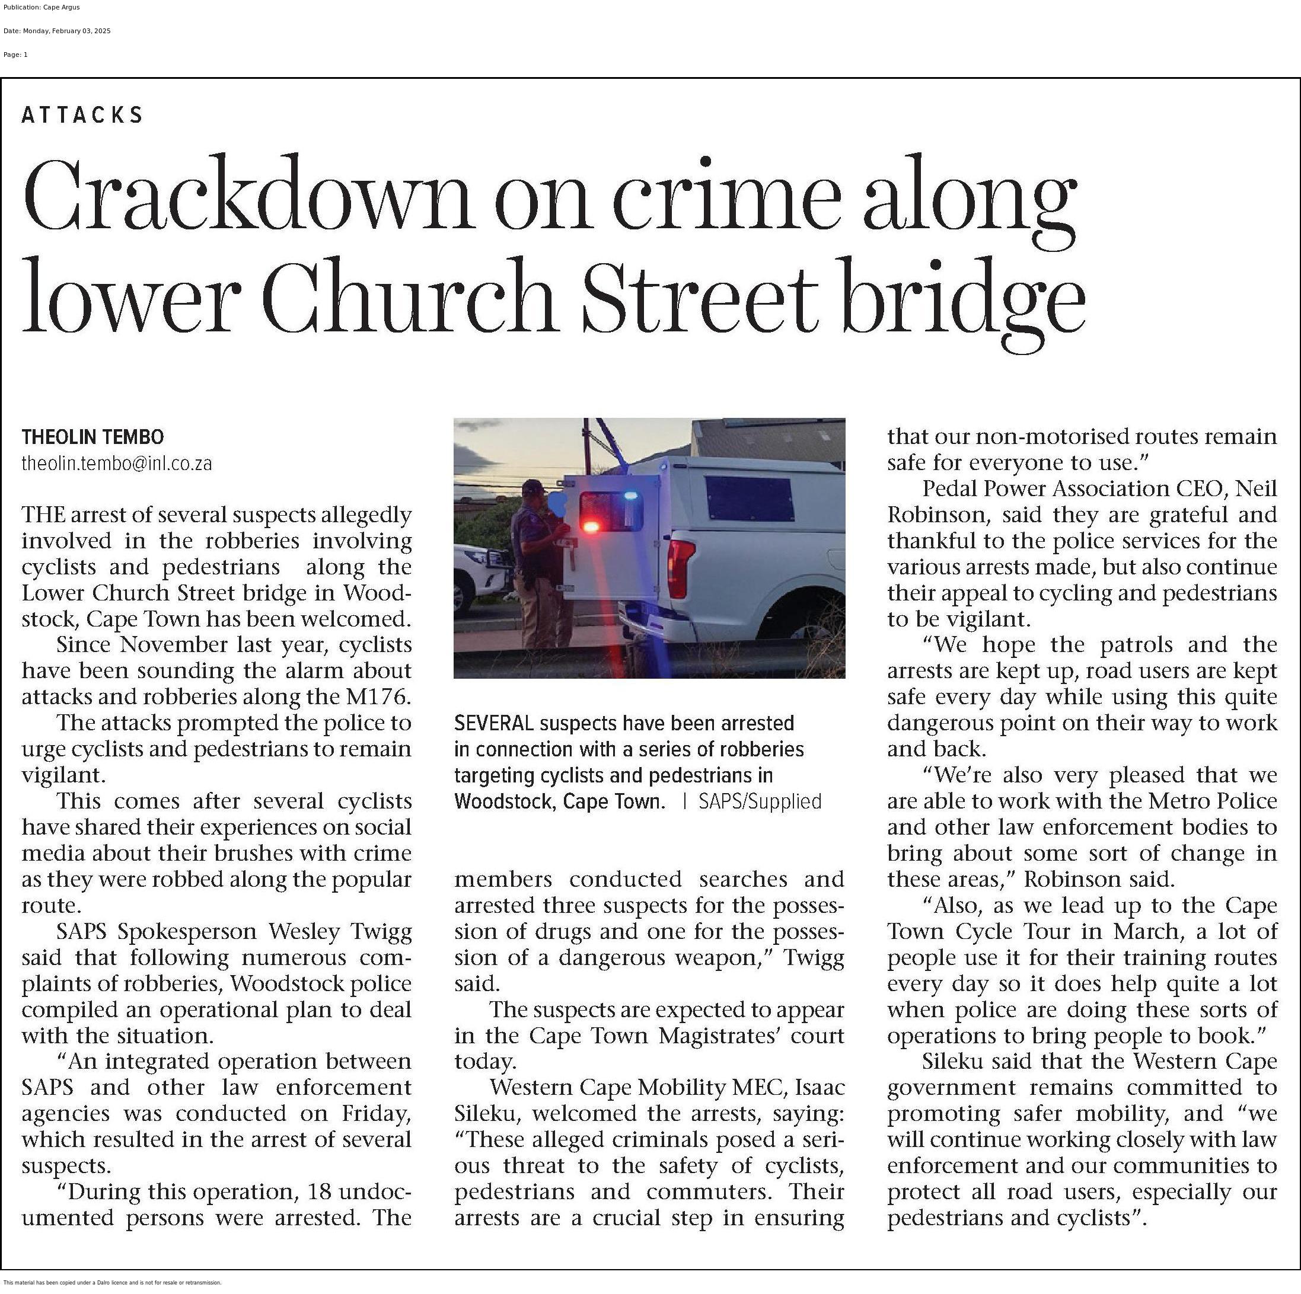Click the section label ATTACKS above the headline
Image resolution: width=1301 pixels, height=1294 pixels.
click(82, 115)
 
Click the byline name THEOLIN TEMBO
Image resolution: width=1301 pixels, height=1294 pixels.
click(93, 437)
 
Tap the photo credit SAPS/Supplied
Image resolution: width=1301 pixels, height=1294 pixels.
click(760, 801)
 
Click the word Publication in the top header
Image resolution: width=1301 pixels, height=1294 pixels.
click(22, 7)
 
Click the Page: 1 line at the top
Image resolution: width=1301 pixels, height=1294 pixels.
click(15, 55)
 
